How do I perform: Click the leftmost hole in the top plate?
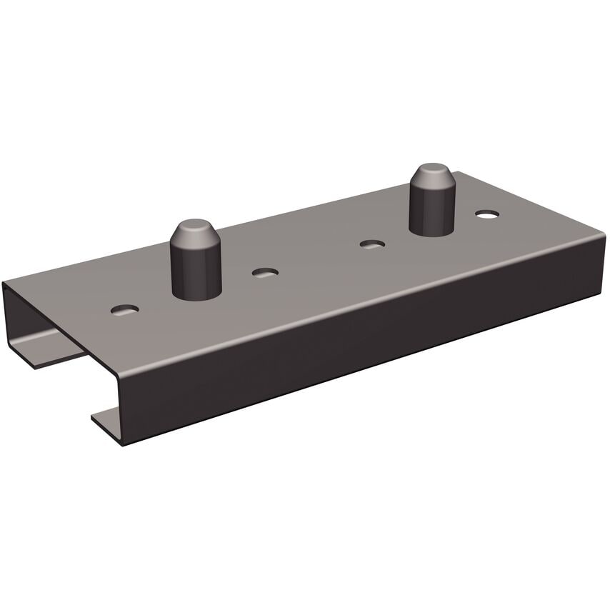[x=125, y=309]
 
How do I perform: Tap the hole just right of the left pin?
[x=266, y=273]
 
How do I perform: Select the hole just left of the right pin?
[x=372, y=244]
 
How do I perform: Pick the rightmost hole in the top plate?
[x=487, y=214]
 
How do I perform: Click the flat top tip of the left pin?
[x=195, y=228]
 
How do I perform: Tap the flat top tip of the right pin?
[x=434, y=170]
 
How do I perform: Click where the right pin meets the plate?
[x=434, y=231]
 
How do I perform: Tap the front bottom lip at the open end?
[x=107, y=418]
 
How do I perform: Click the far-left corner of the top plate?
[x=6, y=283]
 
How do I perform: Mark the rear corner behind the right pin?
[x=457, y=172]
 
